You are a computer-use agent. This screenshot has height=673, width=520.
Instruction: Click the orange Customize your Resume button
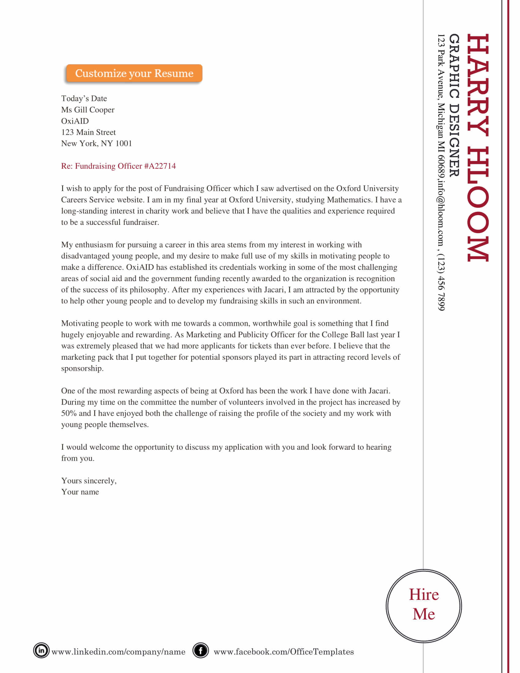point(134,73)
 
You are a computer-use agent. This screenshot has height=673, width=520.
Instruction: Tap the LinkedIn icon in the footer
point(41,650)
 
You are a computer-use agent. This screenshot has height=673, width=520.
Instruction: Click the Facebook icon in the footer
point(201,650)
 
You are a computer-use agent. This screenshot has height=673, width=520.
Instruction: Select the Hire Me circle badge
point(424,606)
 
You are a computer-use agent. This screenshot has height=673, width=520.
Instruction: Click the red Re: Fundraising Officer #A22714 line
point(118,166)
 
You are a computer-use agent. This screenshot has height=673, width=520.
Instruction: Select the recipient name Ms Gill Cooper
point(87,110)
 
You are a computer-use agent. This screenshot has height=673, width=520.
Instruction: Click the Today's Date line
point(84,99)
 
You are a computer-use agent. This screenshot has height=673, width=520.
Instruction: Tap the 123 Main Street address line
point(88,132)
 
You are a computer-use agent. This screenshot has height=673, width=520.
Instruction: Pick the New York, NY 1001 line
point(96,143)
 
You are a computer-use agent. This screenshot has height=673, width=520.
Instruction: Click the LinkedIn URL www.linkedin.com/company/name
point(118,652)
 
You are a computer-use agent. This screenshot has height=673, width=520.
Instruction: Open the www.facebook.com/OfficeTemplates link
point(284,652)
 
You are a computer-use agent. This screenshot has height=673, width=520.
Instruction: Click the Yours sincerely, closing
point(89,481)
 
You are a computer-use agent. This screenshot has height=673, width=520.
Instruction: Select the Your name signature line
point(80,492)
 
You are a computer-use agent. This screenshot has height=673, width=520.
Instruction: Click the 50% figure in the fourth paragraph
point(69,413)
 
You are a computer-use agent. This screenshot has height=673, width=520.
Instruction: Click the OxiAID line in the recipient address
point(75,121)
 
